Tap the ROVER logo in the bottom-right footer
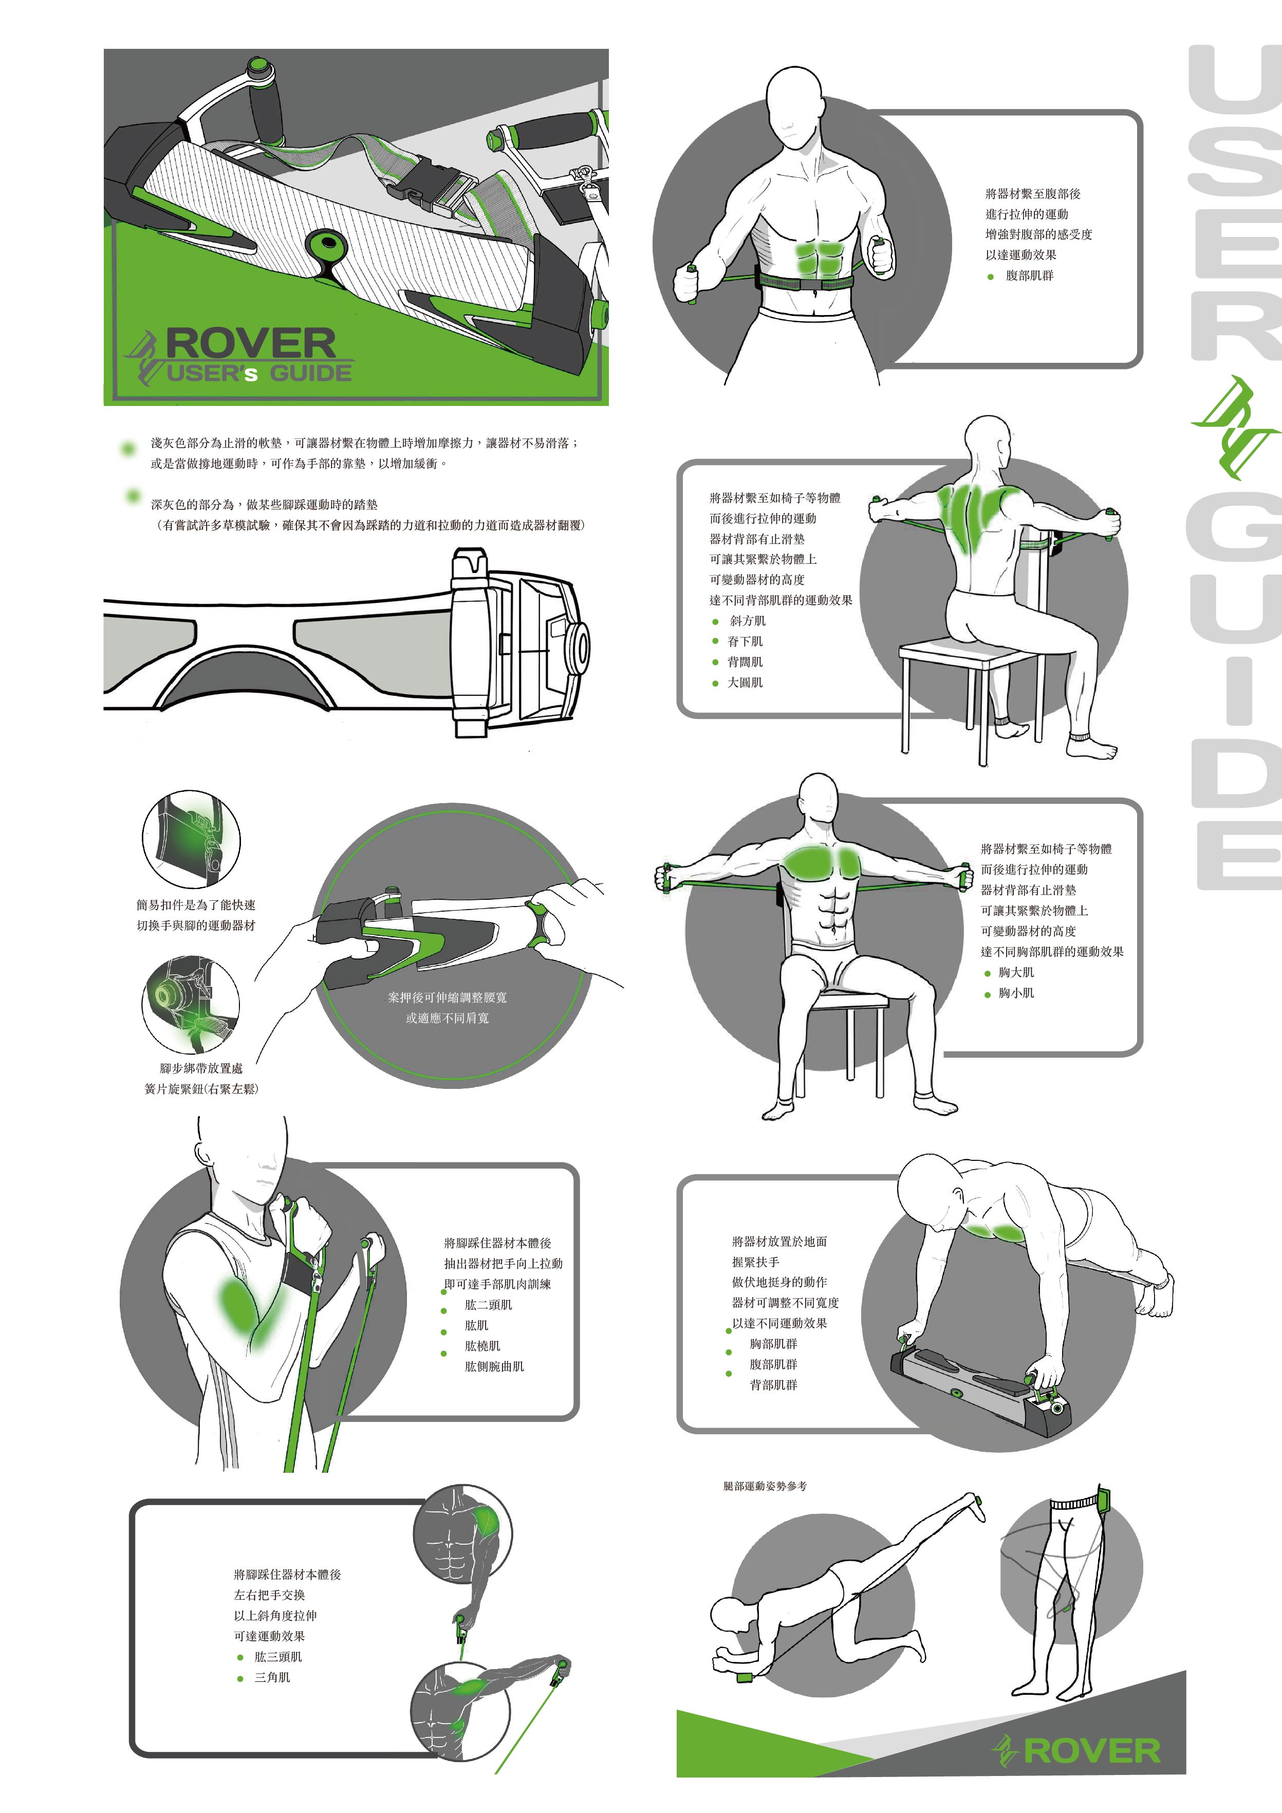click(x=1077, y=1751)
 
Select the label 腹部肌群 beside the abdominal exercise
click(x=1029, y=275)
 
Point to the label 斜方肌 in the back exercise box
click(x=747, y=621)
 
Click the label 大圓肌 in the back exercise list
click(x=745, y=682)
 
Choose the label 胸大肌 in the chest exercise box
click(x=1016, y=972)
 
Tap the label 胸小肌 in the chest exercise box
click(x=1016, y=992)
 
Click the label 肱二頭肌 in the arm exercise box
click(x=489, y=1304)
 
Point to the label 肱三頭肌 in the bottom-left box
click(x=278, y=1657)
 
